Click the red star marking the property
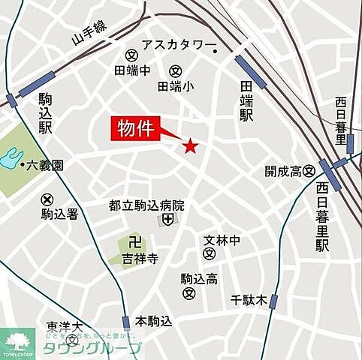point(191,146)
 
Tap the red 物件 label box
point(136,128)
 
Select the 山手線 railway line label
point(89,35)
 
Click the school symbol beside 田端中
point(130,55)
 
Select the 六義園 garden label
point(45,164)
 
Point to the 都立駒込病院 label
point(146,205)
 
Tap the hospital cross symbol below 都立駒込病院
point(167,220)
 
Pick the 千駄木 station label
point(249,301)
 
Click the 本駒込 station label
point(153,321)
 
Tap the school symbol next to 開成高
point(308,171)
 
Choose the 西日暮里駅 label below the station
point(322,217)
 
